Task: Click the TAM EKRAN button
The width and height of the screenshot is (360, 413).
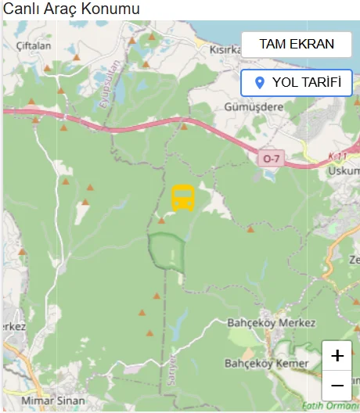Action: [x=297, y=45]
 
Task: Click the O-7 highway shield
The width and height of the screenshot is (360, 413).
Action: [x=271, y=159]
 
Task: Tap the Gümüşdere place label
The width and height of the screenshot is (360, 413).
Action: [x=253, y=106]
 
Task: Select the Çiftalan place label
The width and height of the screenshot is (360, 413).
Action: [x=33, y=46]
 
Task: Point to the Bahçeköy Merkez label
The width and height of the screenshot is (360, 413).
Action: [x=271, y=323]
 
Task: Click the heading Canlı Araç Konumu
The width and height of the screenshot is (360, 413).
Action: [x=72, y=9]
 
